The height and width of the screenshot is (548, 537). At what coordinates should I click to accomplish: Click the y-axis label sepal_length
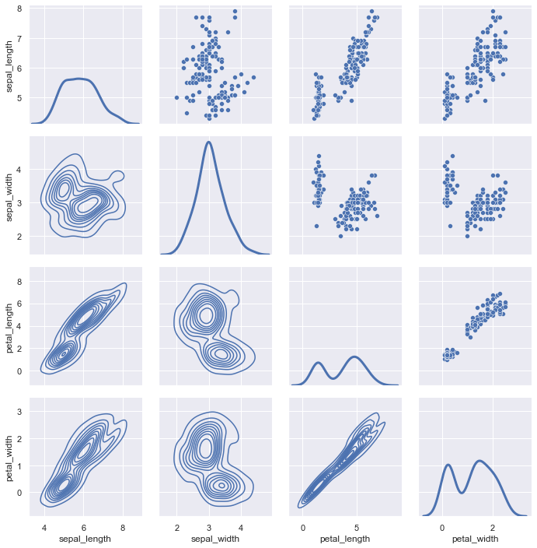coord(9,66)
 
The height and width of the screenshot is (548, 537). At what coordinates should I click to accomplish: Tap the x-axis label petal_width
coord(475,539)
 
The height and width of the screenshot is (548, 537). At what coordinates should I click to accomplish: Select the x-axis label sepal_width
coord(215,539)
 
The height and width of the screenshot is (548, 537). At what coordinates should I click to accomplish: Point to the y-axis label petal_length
coord(9,328)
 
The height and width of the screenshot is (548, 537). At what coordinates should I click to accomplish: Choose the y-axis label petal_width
coord(9,458)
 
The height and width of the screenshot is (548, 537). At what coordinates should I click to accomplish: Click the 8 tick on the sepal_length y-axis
coord(19,9)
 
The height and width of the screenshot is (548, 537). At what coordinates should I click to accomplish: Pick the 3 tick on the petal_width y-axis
coord(19,412)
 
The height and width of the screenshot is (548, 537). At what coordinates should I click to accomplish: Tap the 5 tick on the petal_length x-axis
coord(357,528)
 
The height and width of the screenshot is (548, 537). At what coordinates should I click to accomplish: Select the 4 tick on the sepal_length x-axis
coord(44,528)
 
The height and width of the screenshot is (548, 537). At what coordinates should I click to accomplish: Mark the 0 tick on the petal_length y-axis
coord(19,371)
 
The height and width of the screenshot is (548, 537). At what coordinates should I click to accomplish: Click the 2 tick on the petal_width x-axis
coord(493,528)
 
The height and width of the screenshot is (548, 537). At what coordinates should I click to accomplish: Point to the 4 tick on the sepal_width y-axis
coord(19,170)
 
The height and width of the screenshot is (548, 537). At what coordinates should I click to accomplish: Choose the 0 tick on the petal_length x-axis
coord(302,528)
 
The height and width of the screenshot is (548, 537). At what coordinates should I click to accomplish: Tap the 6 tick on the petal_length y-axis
coord(19,304)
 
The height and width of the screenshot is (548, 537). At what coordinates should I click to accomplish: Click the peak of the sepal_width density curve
coord(208,142)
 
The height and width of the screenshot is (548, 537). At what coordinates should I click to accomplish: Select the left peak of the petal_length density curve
coord(318,363)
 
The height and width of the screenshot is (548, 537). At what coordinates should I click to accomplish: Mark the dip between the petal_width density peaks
coord(462,493)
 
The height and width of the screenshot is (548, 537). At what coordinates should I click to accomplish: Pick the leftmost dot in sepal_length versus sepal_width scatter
coord(176,98)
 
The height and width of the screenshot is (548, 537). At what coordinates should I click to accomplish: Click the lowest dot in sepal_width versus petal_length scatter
coord(340,237)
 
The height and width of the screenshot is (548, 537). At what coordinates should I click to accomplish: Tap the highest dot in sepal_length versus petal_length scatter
coord(371,12)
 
